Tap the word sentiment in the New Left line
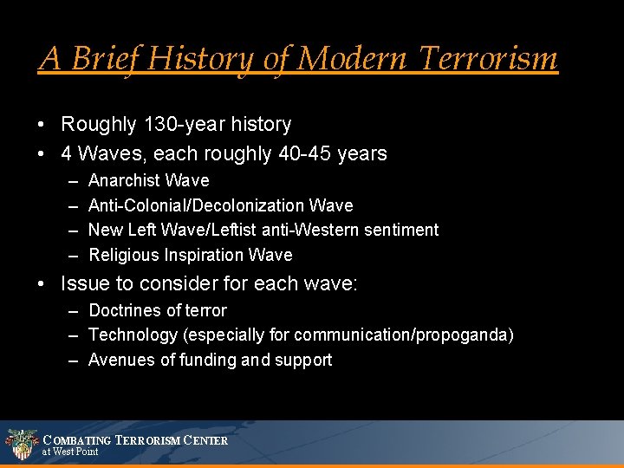click(402, 231)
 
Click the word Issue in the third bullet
click(85, 283)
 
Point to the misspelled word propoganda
click(466, 335)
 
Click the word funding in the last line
click(207, 361)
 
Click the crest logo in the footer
click(20, 444)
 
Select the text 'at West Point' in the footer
click(70, 452)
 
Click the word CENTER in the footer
click(206, 440)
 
